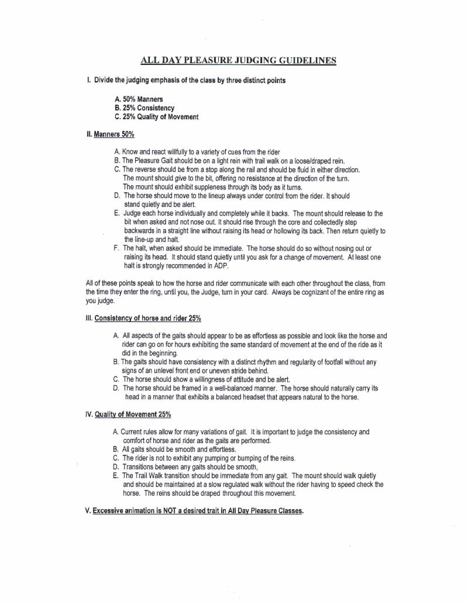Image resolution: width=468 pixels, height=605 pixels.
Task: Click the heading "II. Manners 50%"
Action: point(111,134)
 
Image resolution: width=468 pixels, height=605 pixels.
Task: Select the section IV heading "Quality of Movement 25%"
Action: point(133,414)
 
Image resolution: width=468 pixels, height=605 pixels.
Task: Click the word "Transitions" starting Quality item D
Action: point(141,467)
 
